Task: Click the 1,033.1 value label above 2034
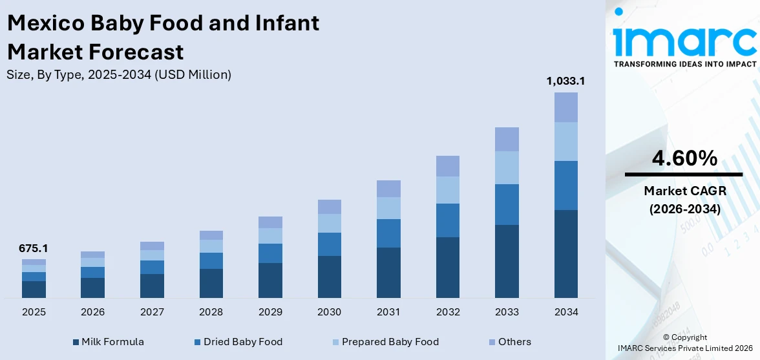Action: point(565,81)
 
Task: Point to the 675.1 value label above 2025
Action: point(34,248)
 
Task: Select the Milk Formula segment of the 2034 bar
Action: point(566,253)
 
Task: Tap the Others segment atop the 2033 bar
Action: point(507,139)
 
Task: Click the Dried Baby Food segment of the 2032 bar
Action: point(448,220)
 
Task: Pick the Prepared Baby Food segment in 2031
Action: point(388,208)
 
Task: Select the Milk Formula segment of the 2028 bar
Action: point(211,283)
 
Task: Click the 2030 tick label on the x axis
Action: point(329,312)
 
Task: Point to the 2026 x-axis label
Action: point(92,312)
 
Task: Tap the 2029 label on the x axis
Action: point(270,312)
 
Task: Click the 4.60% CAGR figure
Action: point(683,158)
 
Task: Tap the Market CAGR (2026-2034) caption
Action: point(683,200)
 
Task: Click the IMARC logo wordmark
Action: point(684,41)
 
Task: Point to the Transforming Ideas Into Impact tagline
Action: point(684,64)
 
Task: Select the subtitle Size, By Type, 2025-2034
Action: point(119,75)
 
